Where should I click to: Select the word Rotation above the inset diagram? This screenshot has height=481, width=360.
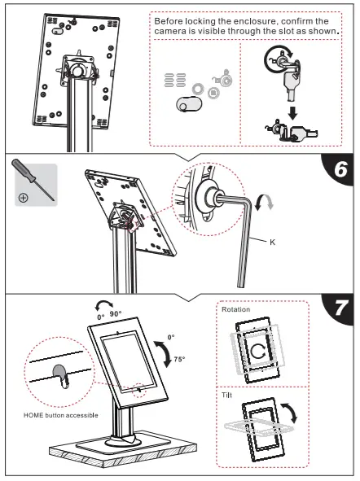click(x=236, y=309)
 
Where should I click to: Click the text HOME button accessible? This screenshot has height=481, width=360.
click(x=62, y=415)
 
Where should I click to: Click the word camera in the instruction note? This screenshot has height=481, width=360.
click(x=173, y=32)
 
